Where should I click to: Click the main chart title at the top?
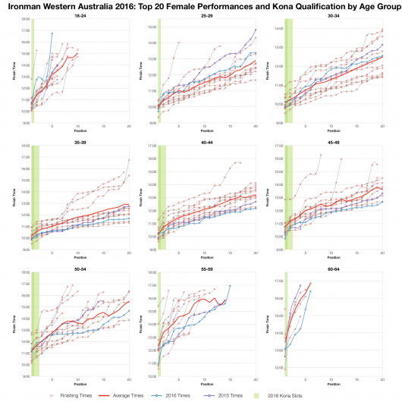click(x=201, y=6)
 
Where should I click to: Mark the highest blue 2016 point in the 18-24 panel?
click(x=52, y=33)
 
